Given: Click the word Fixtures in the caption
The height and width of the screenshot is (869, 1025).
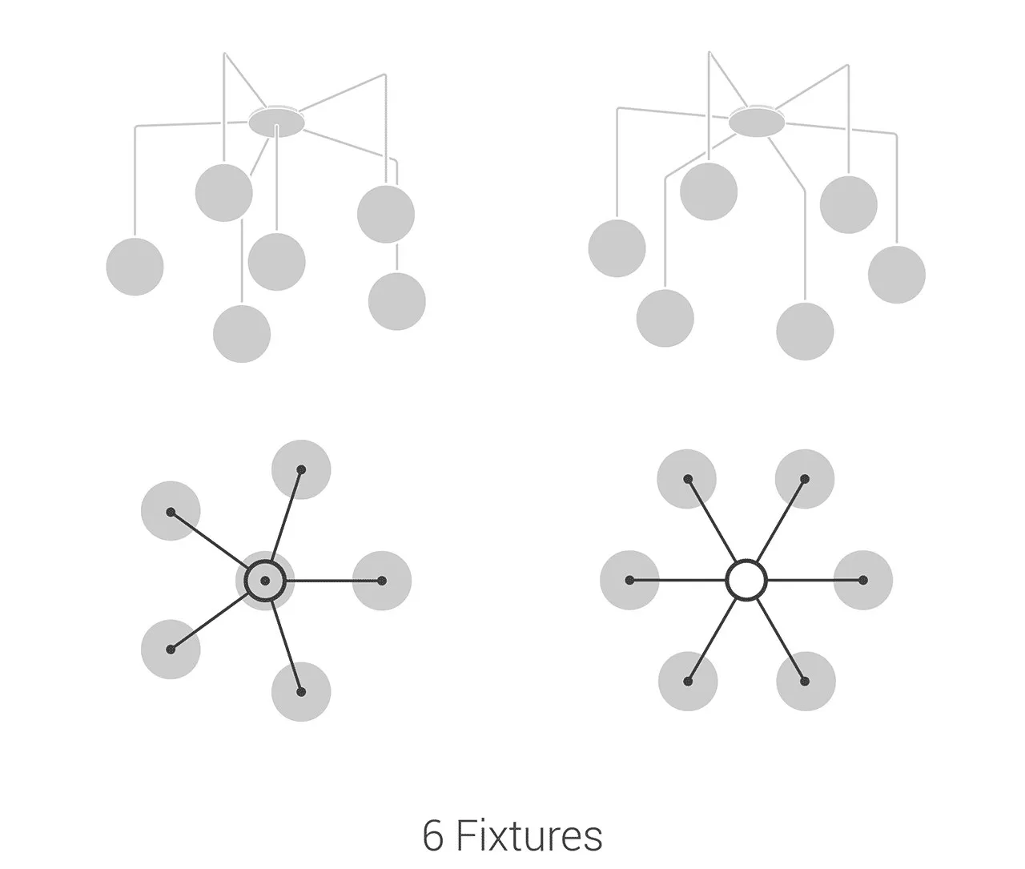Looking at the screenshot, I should click(x=529, y=836).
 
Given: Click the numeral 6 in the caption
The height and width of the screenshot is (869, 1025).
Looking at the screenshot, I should click(x=432, y=837).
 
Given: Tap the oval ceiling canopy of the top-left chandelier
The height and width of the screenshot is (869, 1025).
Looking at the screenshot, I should click(x=276, y=122).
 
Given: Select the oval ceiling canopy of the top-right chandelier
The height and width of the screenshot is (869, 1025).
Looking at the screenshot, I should click(x=757, y=122).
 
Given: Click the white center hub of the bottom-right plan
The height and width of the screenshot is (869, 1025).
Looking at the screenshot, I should click(x=746, y=580).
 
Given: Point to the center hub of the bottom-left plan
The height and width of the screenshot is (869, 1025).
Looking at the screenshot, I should click(x=265, y=580).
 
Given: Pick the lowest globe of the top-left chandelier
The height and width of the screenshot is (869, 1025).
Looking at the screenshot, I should click(x=242, y=334).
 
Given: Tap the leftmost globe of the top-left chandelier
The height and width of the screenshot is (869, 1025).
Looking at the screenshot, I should click(x=135, y=267).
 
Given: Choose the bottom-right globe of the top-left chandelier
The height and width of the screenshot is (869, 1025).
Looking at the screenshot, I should click(x=397, y=301).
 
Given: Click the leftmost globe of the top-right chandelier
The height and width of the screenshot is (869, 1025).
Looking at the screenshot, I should click(x=617, y=248).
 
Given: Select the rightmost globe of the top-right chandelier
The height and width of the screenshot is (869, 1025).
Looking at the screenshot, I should click(x=897, y=275).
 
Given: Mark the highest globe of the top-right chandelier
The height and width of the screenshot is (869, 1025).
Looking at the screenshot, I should click(x=709, y=191).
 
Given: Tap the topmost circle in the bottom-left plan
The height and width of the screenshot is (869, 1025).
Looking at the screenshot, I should click(x=301, y=469).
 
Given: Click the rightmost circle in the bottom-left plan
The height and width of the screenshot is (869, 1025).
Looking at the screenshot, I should click(x=382, y=581).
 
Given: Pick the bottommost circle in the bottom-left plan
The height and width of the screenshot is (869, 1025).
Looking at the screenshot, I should click(x=301, y=692).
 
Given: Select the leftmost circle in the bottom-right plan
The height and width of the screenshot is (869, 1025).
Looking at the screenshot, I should click(x=629, y=580).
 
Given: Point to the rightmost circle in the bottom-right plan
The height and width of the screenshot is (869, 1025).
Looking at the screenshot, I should click(x=863, y=580).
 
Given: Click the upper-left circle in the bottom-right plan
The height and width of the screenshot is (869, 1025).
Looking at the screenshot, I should click(x=687, y=479).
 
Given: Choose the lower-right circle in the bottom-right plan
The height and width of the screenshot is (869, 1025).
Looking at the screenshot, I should click(x=806, y=682).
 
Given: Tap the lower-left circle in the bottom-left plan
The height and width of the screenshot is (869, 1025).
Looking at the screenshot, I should click(x=171, y=650).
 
